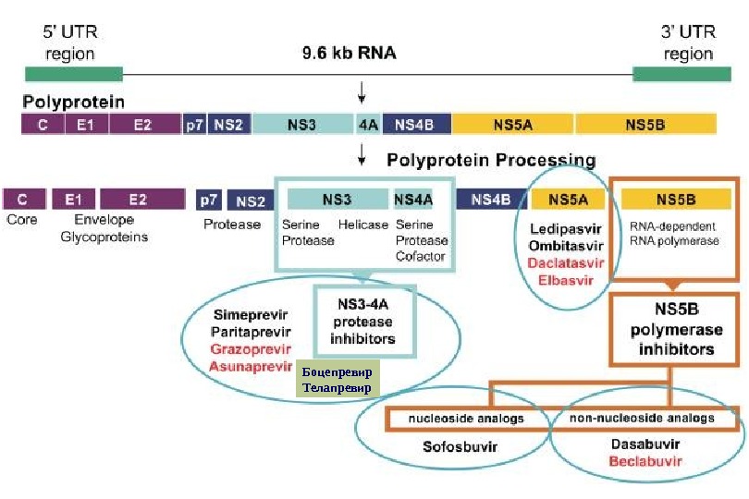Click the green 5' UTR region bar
pos(74,74)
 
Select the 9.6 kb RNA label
pos(349,53)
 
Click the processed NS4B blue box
pos(490,199)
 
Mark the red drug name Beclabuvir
pos(645,460)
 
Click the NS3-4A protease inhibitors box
pos(362,323)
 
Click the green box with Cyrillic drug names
pos(338,380)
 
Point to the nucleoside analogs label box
pos(467,419)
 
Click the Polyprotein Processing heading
pos(491,160)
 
